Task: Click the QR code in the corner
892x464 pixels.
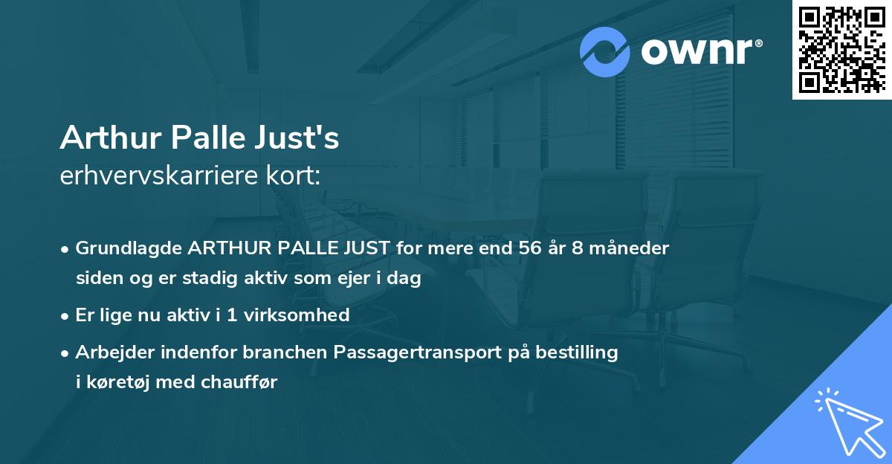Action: pos(842,50)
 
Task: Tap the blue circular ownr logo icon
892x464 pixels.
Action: pos(606,52)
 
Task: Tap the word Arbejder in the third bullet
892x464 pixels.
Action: pos(112,352)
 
